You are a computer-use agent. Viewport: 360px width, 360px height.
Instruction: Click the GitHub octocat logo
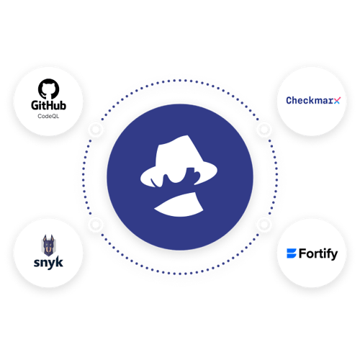point(49,89)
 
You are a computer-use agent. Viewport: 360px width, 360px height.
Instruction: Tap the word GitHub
point(48,105)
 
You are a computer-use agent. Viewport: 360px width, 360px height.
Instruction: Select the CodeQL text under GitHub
point(48,116)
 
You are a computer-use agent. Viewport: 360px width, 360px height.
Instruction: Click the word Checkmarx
point(313,100)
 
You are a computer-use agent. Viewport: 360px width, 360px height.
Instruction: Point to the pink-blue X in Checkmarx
point(337,101)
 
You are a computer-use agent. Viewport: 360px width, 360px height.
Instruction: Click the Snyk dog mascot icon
point(48,246)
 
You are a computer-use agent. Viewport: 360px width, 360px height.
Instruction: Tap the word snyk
point(48,263)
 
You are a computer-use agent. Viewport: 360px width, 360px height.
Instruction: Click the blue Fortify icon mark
point(292,253)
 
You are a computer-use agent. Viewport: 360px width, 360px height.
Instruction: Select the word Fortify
point(318,254)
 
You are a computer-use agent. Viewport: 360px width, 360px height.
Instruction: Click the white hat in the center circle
point(179,161)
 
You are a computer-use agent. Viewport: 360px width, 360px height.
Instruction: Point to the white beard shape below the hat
point(179,204)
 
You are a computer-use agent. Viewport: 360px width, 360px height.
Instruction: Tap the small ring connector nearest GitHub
point(96,130)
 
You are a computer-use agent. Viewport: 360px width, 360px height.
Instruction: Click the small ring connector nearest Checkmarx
point(264,130)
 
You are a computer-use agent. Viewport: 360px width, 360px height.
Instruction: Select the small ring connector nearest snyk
point(96,224)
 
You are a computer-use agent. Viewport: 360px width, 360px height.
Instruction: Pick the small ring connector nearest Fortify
point(264,224)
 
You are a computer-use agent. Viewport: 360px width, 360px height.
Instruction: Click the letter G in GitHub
point(35,106)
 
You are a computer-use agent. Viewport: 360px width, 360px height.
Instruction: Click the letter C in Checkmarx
point(289,101)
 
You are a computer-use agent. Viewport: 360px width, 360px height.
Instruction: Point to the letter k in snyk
point(59,262)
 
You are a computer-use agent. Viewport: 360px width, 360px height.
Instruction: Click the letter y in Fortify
point(334,256)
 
